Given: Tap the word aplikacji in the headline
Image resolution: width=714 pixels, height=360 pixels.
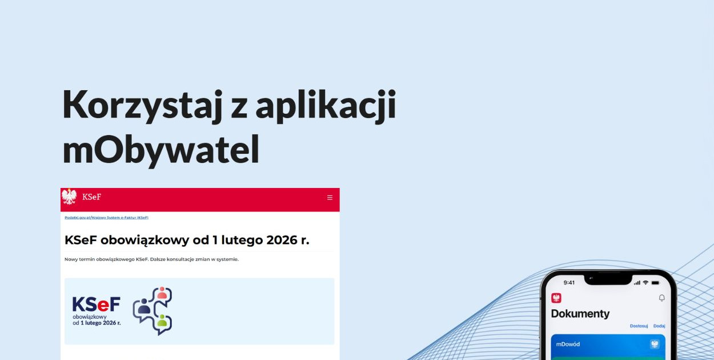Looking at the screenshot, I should click(x=325, y=106).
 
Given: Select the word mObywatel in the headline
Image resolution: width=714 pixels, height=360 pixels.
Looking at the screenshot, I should click(x=161, y=150).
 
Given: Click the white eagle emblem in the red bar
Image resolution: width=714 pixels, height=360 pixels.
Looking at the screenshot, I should click(x=69, y=197).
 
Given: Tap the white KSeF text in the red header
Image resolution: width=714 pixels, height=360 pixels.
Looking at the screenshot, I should click(x=91, y=197).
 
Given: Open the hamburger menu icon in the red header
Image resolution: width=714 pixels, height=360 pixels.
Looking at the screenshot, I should click(x=330, y=198).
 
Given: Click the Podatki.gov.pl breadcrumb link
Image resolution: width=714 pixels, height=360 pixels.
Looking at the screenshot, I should click(x=78, y=218).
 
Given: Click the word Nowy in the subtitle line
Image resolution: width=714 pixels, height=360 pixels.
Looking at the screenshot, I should click(x=71, y=259).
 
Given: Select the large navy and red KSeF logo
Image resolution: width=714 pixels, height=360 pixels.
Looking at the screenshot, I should click(x=96, y=305).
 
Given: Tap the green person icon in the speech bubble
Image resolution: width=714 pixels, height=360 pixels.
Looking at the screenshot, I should click(x=162, y=321).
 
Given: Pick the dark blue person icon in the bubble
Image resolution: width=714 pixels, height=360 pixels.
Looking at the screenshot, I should click(x=144, y=309).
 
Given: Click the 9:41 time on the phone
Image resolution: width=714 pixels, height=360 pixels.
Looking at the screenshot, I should click(x=569, y=283).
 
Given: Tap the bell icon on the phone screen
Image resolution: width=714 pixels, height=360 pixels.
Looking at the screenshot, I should click(x=662, y=298).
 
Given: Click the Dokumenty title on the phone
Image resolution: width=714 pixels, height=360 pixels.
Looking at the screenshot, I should click(x=580, y=314).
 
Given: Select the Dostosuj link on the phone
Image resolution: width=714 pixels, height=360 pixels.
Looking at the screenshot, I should click(x=639, y=326).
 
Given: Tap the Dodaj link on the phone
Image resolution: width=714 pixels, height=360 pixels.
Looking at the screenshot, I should click(x=659, y=326).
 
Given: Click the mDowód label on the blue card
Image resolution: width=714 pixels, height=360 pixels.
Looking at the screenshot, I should click(x=568, y=344).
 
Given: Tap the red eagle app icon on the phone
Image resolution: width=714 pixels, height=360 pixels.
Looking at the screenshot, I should click(x=556, y=298).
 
